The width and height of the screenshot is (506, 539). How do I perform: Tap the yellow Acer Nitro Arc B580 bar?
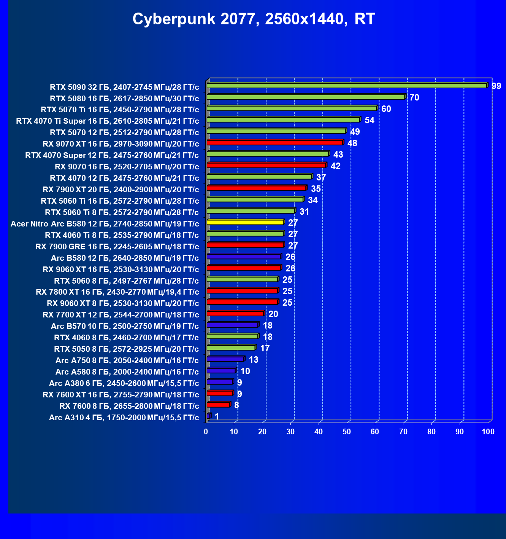245,222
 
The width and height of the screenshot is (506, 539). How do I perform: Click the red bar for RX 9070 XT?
275,142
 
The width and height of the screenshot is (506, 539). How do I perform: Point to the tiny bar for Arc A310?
209,416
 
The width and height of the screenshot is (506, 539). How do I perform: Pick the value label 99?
496,86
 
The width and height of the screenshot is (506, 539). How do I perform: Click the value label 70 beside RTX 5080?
414,97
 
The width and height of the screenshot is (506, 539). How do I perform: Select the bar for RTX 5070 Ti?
292,108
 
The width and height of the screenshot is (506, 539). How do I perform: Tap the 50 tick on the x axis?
347,432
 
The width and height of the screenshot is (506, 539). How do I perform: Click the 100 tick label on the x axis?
488,432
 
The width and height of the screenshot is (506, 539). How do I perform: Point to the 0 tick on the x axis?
206,432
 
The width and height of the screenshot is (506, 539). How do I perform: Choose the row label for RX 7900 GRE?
117,247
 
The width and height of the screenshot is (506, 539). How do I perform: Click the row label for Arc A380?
124,383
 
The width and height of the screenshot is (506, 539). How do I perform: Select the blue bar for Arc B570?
233,325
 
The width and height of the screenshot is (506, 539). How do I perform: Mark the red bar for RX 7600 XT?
220,393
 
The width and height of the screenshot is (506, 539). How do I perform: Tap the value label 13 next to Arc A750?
253,360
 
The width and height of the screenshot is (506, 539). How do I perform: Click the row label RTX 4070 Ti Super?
108,121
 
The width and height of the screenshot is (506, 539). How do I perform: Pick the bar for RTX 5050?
231,348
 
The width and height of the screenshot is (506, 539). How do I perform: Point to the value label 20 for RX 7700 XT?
273,314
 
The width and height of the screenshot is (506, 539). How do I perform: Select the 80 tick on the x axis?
431,432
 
